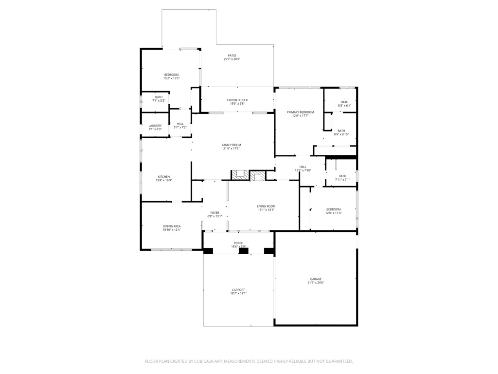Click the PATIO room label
click(x=232, y=56)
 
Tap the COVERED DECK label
click(x=237, y=100)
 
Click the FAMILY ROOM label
click(x=231, y=145)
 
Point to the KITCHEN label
click(x=163, y=177)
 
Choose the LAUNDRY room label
click(x=155, y=126)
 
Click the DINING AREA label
click(x=172, y=226)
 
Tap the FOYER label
click(x=214, y=213)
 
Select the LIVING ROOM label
click(x=266, y=206)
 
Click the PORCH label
click(x=238, y=243)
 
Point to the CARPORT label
click(x=238, y=290)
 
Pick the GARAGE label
click(x=316, y=279)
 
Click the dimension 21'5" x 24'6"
click(x=316, y=283)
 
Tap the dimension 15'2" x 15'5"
click(x=171, y=78)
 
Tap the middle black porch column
click(x=244, y=251)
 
